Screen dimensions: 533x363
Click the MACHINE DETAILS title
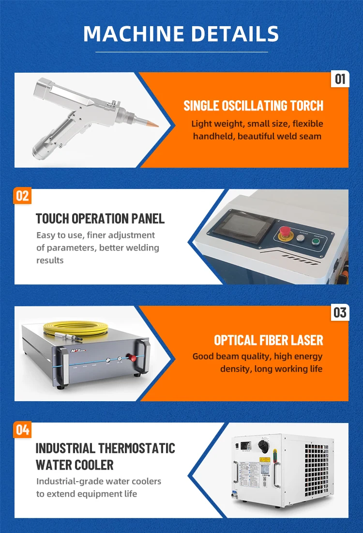pyautogui.click(x=181, y=34)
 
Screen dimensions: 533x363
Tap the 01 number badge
pyautogui.click(x=340, y=78)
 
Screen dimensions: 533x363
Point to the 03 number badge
pyautogui.click(x=340, y=313)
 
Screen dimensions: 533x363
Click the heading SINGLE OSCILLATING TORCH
pyautogui.click(x=253, y=106)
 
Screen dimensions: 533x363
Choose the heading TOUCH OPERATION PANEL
pyautogui.click(x=100, y=219)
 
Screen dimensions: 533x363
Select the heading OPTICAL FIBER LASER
pyautogui.click(x=268, y=340)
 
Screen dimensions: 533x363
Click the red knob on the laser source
pyautogui.click(x=130, y=359)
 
